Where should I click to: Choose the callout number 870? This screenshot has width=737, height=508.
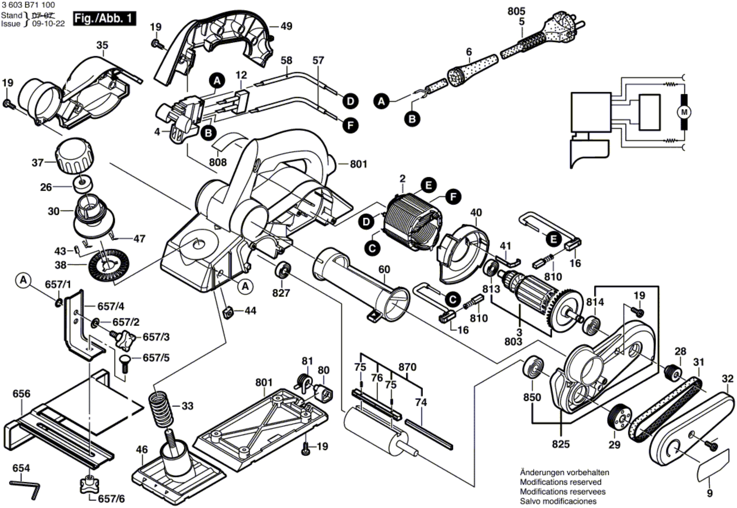click(407, 367)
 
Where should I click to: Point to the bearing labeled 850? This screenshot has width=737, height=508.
click(532, 369)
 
